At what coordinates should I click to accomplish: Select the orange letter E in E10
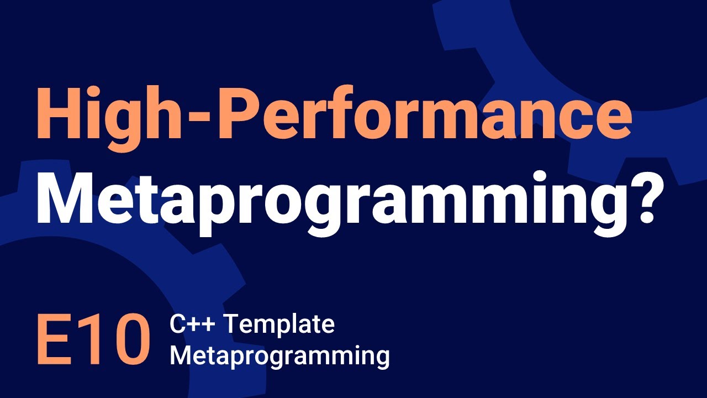tap(52, 341)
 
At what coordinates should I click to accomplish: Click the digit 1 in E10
tap(89, 341)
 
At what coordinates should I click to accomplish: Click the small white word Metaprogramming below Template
tap(279, 356)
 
